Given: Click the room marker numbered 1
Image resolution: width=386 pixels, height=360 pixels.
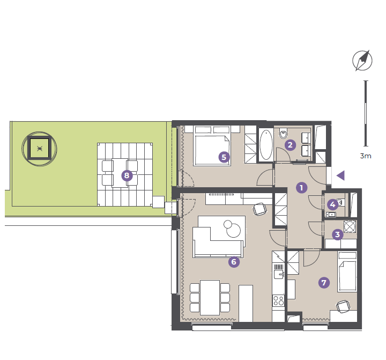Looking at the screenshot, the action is click(301, 188).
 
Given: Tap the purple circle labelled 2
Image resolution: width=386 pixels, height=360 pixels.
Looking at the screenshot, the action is click(290, 145).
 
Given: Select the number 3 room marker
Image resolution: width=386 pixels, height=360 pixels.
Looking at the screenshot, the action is click(338, 234).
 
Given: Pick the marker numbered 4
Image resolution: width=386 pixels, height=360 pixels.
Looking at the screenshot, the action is click(332, 204).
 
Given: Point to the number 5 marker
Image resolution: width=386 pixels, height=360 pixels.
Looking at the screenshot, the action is click(224, 157).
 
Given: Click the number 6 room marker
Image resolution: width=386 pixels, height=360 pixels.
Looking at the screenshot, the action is click(234, 261).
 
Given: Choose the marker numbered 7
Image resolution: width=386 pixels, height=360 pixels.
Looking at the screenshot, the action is click(324, 282).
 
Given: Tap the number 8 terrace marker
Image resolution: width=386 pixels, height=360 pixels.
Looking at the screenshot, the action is click(127, 175).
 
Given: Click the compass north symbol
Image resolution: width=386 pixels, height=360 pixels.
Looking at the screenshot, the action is click(362, 61).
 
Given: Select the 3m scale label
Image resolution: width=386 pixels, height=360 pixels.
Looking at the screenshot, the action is click(366, 156).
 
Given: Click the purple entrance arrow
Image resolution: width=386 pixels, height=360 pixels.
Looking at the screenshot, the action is click(340, 175).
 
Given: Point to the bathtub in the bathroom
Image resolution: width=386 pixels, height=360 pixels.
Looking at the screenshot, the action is click(266, 145).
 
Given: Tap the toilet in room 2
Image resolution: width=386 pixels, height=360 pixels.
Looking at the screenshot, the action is click(284, 134).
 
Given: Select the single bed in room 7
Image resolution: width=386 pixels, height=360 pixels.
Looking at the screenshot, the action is click(347, 272).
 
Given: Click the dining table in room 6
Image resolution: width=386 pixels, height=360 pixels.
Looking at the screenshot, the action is click(210, 298).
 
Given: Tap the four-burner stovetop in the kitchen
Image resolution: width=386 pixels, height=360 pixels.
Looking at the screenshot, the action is click(278, 300).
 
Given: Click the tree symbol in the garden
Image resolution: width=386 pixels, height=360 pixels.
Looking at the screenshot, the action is click(39, 149).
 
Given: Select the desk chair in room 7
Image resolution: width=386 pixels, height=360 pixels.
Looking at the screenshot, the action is click(343, 306).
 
